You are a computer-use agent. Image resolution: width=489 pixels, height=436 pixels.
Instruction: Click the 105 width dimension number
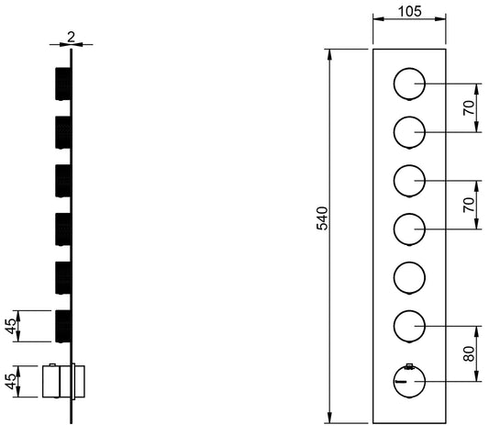coord(410,12)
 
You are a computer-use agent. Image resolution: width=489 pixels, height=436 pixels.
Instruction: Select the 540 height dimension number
coord(322,218)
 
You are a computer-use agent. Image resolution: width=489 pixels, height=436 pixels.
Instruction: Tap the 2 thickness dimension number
coord(72,38)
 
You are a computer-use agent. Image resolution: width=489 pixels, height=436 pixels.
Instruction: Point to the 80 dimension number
coord(469,353)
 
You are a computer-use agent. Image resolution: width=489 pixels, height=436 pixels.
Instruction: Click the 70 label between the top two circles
coord(469,108)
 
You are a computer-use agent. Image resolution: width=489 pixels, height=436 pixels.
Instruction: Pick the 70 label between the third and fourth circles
coord(469,205)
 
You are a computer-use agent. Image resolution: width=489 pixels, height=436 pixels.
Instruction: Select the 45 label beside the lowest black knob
coord(11,326)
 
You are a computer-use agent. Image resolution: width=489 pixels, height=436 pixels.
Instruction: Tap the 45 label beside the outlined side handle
coord(11,381)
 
